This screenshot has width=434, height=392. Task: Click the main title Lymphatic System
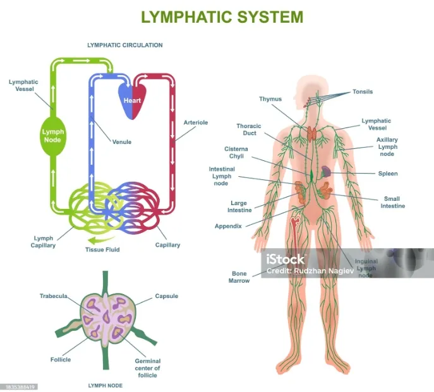(x=222, y=16)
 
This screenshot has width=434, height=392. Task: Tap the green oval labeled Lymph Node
(x=52, y=135)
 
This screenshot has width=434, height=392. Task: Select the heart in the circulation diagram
(x=132, y=100)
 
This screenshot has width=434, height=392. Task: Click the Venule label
(x=122, y=142)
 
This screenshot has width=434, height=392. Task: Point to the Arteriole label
(x=196, y=122)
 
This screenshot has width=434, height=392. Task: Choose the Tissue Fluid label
(x=102, y=249)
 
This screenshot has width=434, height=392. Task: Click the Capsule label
(x=167, y=296)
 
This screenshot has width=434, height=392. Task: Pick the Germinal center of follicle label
(x=148, y=368)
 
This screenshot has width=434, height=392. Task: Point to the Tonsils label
(x=363, y=92)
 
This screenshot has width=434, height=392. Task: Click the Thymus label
(x=270, y=99)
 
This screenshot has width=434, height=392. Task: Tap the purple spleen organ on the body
(x=325, y=171)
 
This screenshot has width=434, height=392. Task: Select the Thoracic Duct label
(x=249, y=130)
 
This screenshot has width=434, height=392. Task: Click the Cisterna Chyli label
(x=236, y=153)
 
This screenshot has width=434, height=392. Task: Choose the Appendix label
(x=228, y=225)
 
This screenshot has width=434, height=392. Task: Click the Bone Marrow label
(x=239, y=276)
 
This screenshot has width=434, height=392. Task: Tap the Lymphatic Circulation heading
(x=124, y=45)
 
